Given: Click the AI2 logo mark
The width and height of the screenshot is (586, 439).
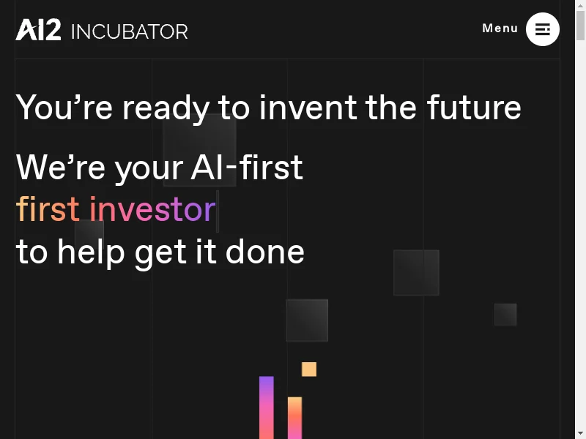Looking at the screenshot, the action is (x=38, y=30).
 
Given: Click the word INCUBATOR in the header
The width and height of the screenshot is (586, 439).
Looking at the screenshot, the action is (x=130, y=31).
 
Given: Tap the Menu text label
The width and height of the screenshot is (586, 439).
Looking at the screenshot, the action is (x=500, y=28).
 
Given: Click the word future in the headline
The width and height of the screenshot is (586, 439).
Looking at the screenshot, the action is (x=474, y=108).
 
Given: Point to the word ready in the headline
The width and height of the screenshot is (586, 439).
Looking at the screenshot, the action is (x=166, y=109).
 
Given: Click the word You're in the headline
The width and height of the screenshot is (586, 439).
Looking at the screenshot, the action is (x=64, y=108).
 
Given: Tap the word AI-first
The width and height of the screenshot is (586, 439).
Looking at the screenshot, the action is (x=247, y=168).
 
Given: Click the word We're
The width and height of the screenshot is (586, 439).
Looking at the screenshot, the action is (x=61, y=168).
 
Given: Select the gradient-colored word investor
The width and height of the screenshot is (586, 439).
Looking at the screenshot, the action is (x=153, y=209).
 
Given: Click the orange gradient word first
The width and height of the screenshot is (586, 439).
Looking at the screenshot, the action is (x=48, y=209).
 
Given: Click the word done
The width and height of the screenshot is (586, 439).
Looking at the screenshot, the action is (x=265, y=251).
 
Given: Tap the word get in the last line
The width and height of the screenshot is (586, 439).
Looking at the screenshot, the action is (x=160, y=254).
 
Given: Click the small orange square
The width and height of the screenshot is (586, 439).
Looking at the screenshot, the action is (x=309, y=369).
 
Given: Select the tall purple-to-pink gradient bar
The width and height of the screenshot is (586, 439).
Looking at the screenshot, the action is (x=267, y=408).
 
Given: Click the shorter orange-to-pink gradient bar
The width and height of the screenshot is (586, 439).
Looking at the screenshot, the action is (x=295, y=418).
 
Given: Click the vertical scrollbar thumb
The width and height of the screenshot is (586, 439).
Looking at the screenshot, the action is (x=580, y=25).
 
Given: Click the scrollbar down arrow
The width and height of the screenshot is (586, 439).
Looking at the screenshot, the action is (x=580, y=435).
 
